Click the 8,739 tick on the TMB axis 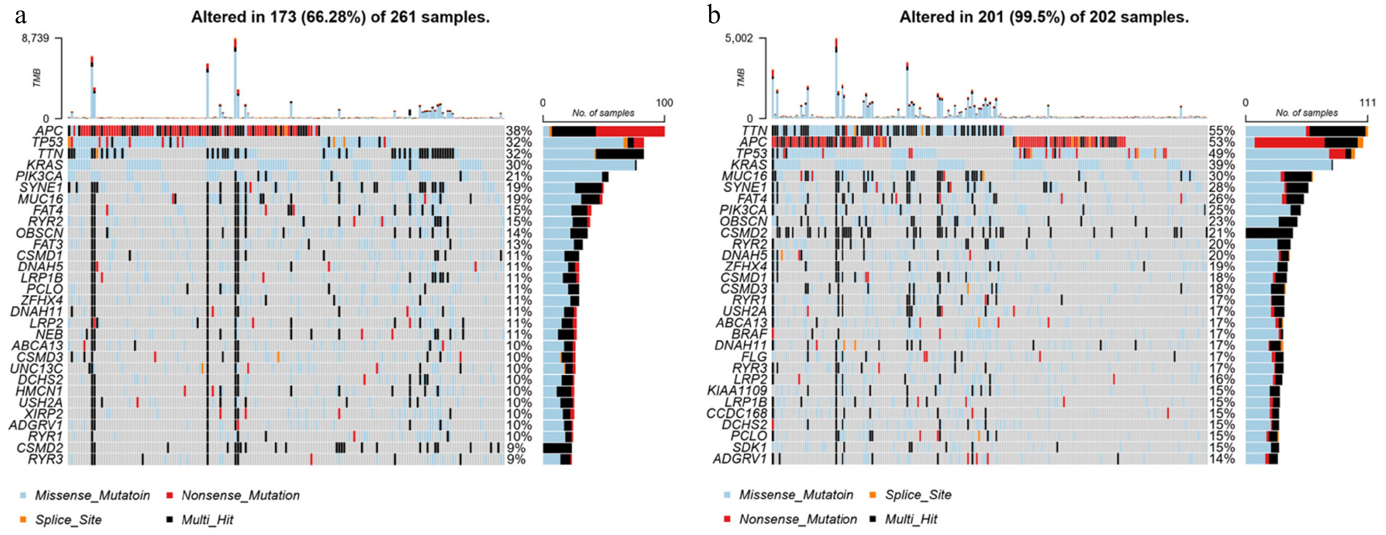point(35,39)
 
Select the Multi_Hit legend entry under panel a point(207,519)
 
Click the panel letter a point(21,16)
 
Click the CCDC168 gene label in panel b point(737,413)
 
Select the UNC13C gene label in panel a point(36,369)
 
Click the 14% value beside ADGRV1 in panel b point(1221,459)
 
